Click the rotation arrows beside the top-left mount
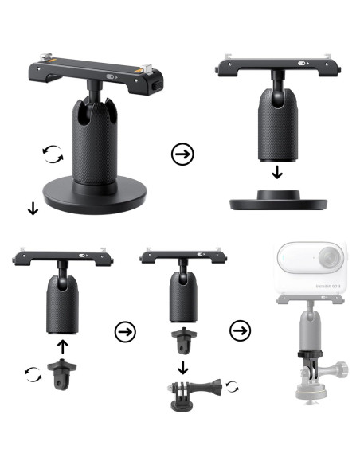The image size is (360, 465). [52, 154]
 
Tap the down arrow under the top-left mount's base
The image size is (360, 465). [33, 209]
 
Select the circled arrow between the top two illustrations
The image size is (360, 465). [182, 153]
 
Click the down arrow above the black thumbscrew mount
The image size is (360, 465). [183, 366]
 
